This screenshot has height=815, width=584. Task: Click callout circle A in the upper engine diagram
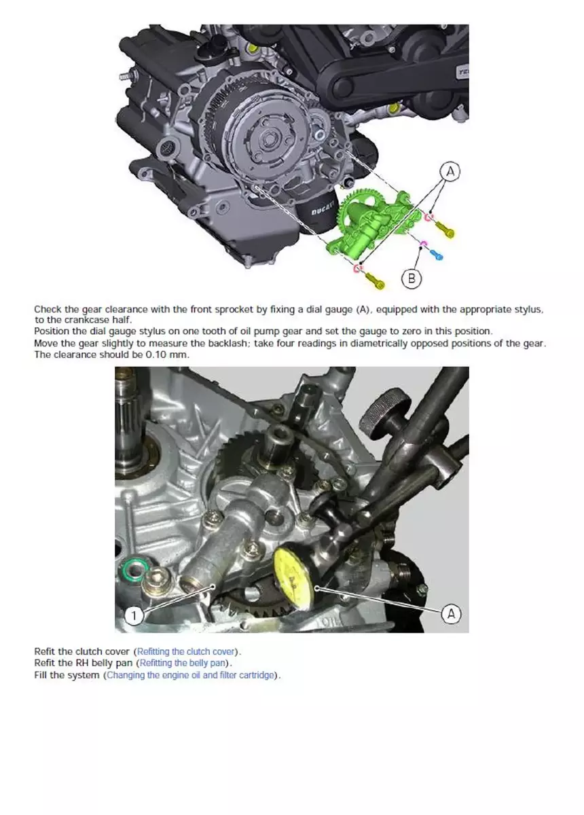point(450,171)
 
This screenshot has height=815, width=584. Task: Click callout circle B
point(412,278)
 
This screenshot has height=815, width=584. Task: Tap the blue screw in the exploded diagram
point(436,254)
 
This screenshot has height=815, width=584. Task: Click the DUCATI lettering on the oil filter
point(322,209)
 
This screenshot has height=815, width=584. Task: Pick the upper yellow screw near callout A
point(445,230)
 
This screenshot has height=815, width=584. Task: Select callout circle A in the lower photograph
point(451,614)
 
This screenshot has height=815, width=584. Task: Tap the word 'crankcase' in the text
point(85,320)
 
